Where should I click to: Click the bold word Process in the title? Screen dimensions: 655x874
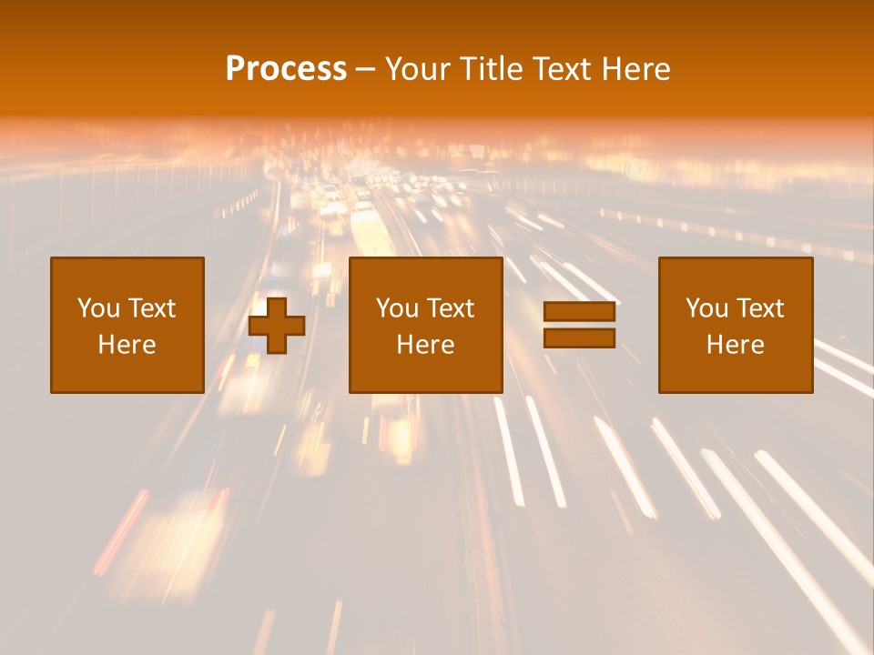pyautogui.click(x=286, y=69)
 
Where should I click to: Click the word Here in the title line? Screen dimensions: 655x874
pyautogui.click(x=635, y=69)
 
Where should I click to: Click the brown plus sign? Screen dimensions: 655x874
pyautogui.click(x=277, y=325)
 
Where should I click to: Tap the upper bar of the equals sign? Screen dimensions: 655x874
pyautogui.click(x=579, y=312)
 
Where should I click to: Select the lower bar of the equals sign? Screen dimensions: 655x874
pyautogui.click(x=579, y=338)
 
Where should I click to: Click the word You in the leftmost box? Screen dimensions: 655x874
pyautogui.click(x=98, y=308)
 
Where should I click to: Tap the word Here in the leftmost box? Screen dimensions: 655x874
pyautogui.click(x=127, y=345)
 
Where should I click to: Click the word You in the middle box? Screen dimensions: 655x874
pyautogui.click(x=397, y=308)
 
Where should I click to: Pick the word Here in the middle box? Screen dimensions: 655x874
pyautogui.click(x=425, y=345)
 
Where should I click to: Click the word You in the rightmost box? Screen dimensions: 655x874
pyautogui.click(x=706, y=308)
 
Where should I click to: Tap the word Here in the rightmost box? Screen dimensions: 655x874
pyautogui.click(x=735, y=345)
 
